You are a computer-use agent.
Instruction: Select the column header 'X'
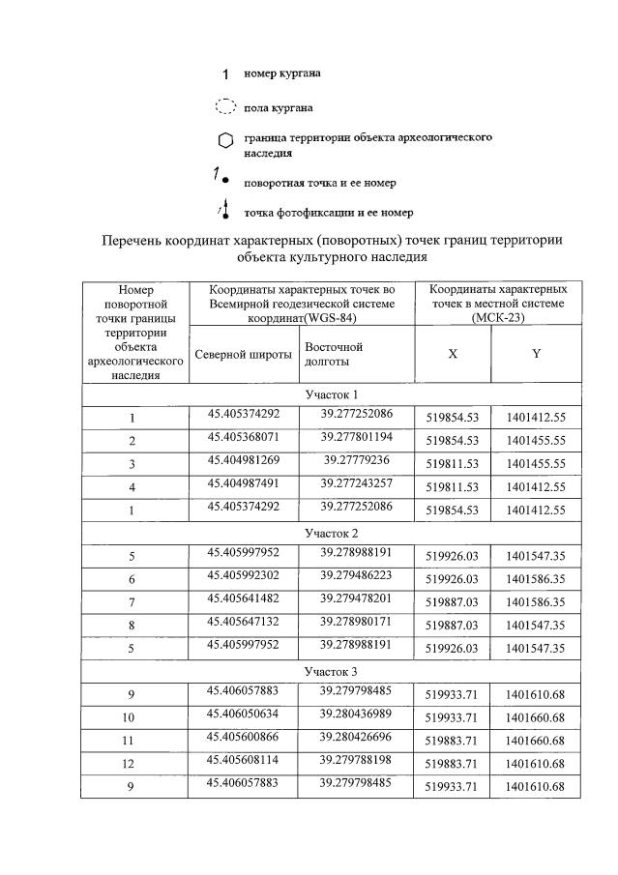(x=453, y=354)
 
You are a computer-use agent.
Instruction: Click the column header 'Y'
(x=535, y=354)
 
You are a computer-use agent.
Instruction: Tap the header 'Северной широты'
(x=243, y=354)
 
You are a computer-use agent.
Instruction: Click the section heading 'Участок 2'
(x=331, y=533)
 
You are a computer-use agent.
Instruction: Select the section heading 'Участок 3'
(x=331, y=671)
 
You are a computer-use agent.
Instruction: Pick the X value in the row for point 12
(x=453, y=765)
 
